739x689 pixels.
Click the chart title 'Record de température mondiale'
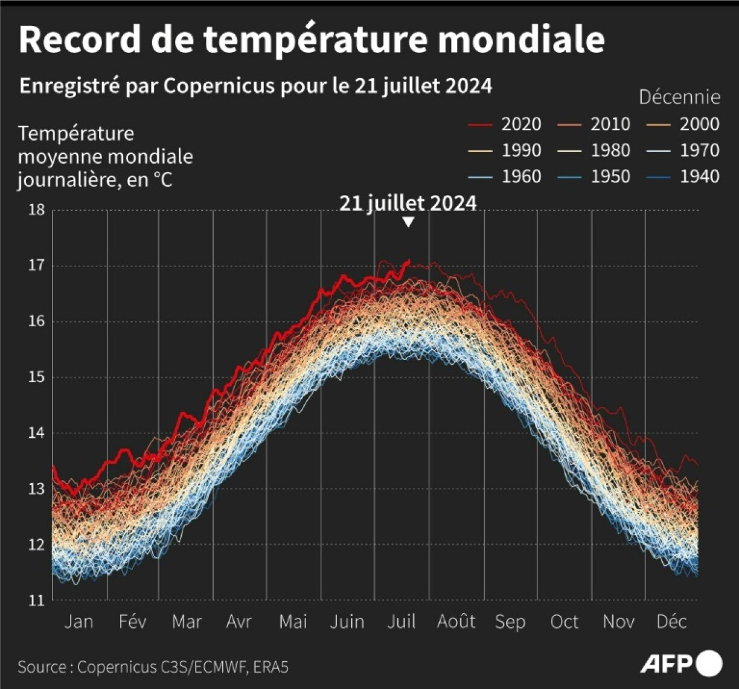pyautogui.click(x=312, y=40)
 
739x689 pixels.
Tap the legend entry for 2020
pyautogui.click(x=505, y=124)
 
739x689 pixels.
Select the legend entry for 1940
pyautogui.click(x=683, y=176)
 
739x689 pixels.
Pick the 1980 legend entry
pyautogui.click(x=594, y=150)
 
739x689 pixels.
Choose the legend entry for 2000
pyautogui.click(x=683, y=124)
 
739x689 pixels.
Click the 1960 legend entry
pyautogui.click(x=505, y=176)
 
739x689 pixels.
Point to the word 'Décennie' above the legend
pyautogui.click(x=679, y=97)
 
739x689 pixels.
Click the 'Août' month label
pyautogui.click(x=456, y=621)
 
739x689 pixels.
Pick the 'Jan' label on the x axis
pyautogui.click(x=79, y=621)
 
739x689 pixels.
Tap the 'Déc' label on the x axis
pyautogui.click(x=672, y=621)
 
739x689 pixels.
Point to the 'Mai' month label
pyautogui.click(x=293, y=621)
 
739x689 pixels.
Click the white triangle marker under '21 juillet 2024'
pyautogui.click(x=409, y=222)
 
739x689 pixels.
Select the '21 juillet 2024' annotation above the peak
pyautogui.click(x=408, y=203)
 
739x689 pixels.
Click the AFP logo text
pyautogui.click(x=666, y=664)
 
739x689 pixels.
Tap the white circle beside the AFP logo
pyautogui.click(x=709, y=664)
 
